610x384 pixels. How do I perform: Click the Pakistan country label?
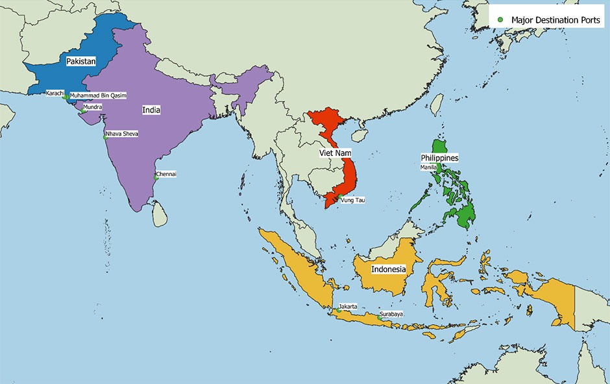tap(81, 62)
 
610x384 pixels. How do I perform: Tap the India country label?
tap(151, 110)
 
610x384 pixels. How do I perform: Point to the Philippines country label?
tap(439, 158)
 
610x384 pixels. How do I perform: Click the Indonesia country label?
tap(388, 269)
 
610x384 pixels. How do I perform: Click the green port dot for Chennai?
tap(156, 177)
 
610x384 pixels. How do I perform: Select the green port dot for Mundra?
tap(83, 111)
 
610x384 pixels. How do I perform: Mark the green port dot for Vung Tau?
tap(339, 197)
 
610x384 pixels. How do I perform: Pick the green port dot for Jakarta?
tap(338, 311)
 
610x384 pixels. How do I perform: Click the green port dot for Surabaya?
tap(379, 317)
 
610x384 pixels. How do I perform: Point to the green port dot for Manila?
tap(439, 168)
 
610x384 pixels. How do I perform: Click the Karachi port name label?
tap(55, 93)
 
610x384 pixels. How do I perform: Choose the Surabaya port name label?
tap(391, 314)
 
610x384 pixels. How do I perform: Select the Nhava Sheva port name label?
tap(122, 134)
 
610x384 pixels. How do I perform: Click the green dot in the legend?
tap(500, 20)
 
